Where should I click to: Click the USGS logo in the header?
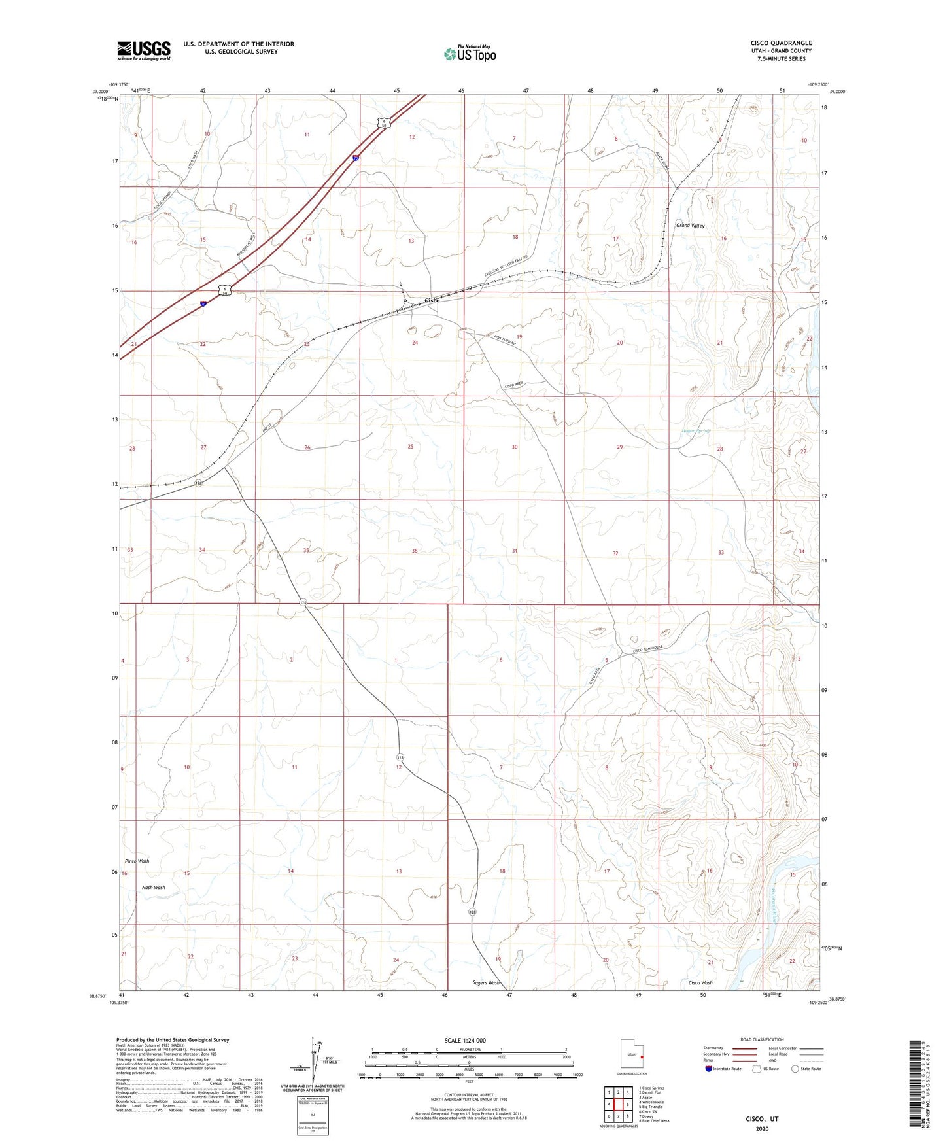point(144,50)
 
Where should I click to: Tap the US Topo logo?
point(470,54)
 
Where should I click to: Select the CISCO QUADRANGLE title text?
point(781,43)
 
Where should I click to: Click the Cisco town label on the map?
point(432,300)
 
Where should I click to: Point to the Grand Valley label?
point(690,225)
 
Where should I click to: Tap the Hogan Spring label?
point(696,431)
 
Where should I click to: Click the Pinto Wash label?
point(137,861)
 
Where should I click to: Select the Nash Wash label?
point(154,888)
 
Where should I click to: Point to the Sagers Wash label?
point(485,982)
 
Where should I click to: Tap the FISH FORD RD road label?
point(505,341)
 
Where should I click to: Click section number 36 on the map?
point(415,551)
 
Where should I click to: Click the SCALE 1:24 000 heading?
point(465,1040)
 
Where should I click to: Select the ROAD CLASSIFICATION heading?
point(762,1039)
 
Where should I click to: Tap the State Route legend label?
point(810,1069)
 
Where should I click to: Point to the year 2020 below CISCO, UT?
point(762,1128)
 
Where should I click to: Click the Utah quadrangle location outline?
point(631,1055)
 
